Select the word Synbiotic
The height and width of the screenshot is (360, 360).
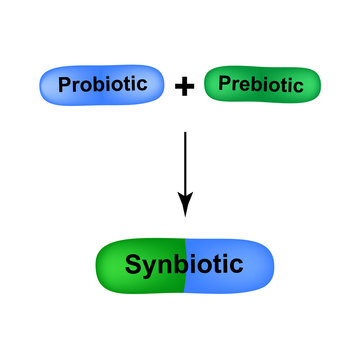pyautogui.click(x=184, y=265)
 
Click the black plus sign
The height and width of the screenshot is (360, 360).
pyautogui.click(x=183, y=87)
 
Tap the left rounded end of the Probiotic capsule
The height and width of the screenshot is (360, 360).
pyautogui.click(x=47, y=85)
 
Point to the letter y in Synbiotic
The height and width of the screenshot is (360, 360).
pyautogui.click(x=150, y=268)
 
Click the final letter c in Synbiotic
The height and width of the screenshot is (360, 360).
pyautogui.click(x=236, y=266)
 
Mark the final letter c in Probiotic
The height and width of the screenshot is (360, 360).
pyautogui.click(x=156, y=86)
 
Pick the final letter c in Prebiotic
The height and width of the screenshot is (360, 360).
pyautogui.click(x=298, y=86)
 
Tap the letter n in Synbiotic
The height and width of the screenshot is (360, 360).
pyautogui.click(x=166, y=266)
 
